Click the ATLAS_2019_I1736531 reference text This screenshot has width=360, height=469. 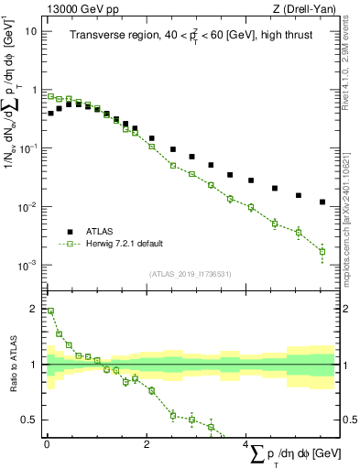pyautogui.click(x=191, y=274)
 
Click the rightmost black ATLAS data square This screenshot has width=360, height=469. pyautogui.click(x=322, y=202)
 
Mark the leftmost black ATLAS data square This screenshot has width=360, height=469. pyautogui.click(x=50, y=114)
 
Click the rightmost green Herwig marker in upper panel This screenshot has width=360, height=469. pyautogui.click(x=322, y=251)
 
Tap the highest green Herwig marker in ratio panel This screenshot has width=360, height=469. pyautogui.click(x=50, y=311)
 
